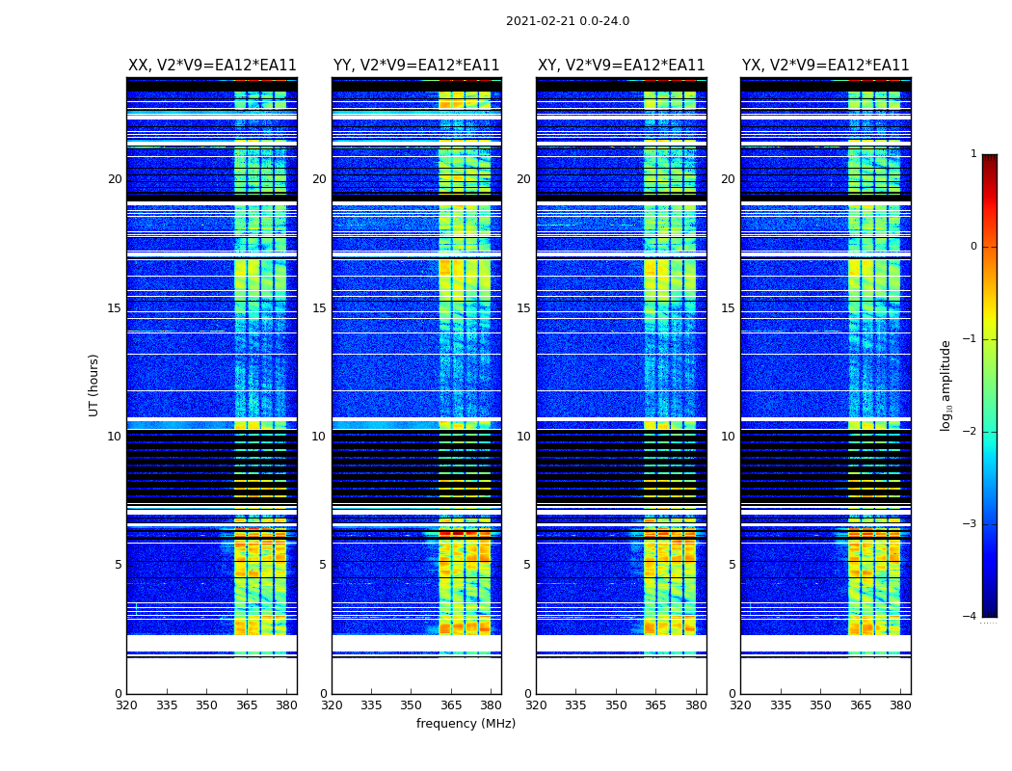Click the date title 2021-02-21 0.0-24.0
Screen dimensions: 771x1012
567,21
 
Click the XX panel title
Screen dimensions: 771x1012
212,66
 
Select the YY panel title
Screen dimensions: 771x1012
416,66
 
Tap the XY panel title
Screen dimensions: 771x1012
621,66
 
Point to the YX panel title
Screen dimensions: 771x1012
825,66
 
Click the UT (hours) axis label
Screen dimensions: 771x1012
94,385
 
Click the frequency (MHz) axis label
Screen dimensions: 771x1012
466,724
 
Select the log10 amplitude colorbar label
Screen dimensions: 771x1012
946,385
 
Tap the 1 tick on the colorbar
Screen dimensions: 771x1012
972,154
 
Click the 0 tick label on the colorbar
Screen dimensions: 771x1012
972,247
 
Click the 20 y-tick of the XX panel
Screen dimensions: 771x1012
115,179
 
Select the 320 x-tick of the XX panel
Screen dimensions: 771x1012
126,705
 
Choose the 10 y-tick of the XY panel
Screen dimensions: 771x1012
523,437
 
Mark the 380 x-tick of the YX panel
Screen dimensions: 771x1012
900,705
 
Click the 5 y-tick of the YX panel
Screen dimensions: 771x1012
732,565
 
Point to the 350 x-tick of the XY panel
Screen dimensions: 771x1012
616,705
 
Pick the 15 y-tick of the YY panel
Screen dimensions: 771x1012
319,308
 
